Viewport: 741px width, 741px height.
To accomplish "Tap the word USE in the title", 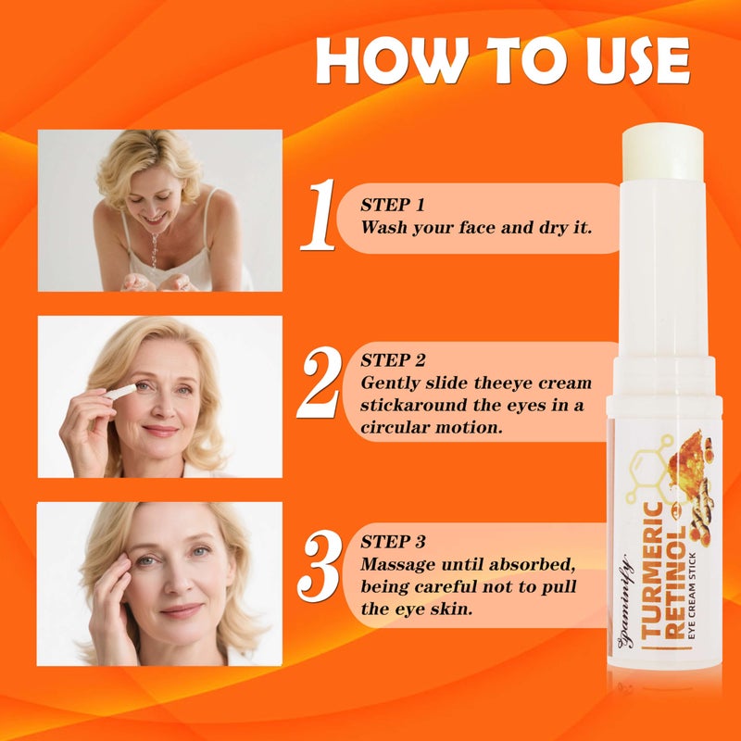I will tap(628, 63).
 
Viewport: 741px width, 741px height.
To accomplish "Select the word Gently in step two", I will tap(388, 383).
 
